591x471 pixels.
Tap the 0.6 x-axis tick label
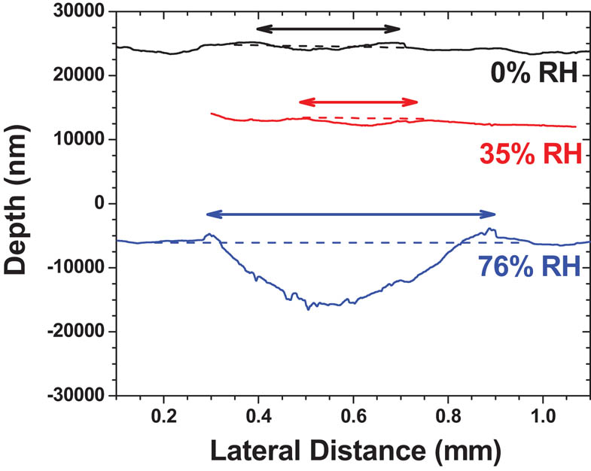click(353, 415)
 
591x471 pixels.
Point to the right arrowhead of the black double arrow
click(396, 29)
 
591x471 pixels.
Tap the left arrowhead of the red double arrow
click(303, 102)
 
